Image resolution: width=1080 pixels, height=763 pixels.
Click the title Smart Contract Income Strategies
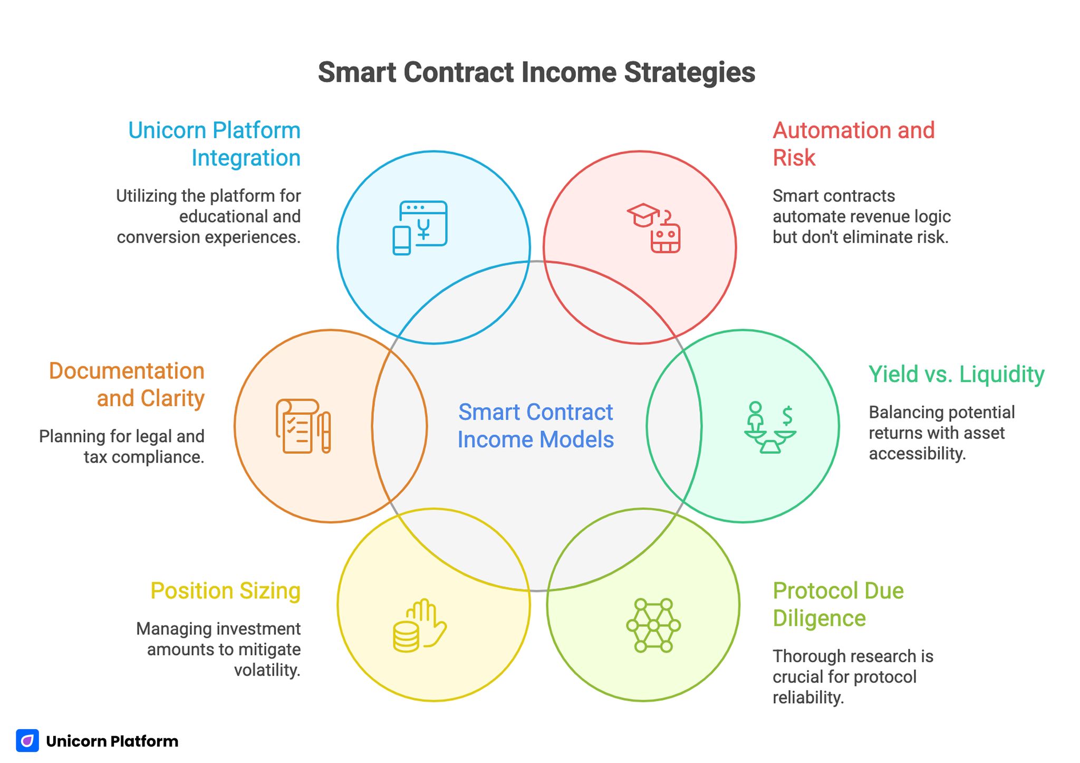[x=536, y=73]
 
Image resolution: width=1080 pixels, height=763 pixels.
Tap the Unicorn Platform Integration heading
[x=214, y=144]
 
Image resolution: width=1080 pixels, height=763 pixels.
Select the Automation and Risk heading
[x=853, y=144]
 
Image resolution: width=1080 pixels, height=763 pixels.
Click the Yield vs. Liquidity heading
[x=956, y=374]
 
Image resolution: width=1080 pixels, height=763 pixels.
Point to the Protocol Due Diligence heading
[x=838, y=604]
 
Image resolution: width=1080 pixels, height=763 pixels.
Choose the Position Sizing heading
[x=225, y=590]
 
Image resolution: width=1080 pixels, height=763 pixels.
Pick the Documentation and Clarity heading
[x=127, y=385]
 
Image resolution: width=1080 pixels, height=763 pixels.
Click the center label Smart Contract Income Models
[x=535, y=426]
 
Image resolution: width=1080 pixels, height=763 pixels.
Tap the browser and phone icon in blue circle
[x=420, y=227]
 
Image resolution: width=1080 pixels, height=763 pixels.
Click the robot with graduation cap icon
[x=654, y=228]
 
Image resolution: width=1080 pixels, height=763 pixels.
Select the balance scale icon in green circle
[x=770, y=427]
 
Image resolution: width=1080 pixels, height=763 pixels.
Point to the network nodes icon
[x=653, y=625]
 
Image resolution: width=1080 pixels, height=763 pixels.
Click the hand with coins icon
[x=420, y=626]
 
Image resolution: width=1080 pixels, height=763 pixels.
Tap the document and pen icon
[x=303, y=426]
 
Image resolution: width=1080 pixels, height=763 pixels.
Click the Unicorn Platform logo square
[x=27, y=741]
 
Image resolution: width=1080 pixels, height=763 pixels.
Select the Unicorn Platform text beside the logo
[x=112, y=741]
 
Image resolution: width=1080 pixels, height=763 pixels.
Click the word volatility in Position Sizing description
[x=267, y=670]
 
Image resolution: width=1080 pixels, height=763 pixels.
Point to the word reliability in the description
[x=808, y=698]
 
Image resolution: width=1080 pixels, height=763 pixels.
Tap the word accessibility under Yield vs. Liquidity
[x=917, y=454]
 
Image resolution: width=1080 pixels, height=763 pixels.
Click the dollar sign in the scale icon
[x=787, y=415]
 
